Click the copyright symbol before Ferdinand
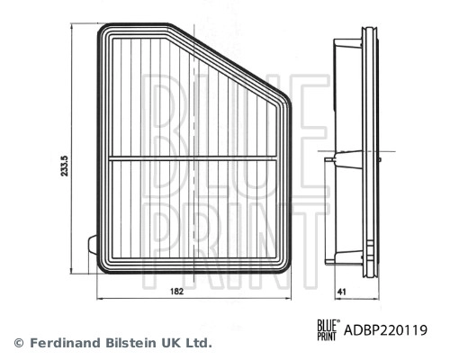tap(18, 343)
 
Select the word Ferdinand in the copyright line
tap(63, 343)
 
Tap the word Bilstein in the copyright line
tap(131, 343)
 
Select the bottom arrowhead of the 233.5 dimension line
tap(72, 269)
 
